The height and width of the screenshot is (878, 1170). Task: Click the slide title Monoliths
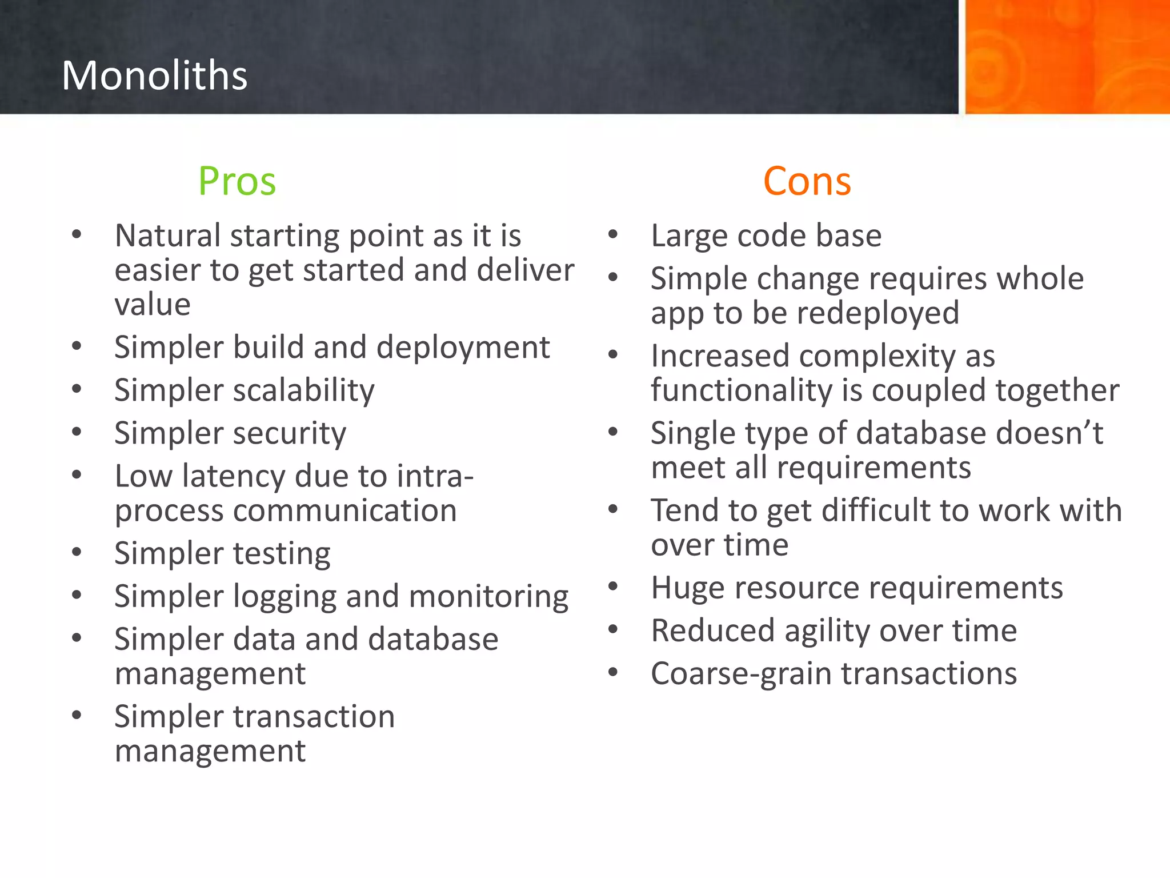pyautogui.click(x=154, y=75)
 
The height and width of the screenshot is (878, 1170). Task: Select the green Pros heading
pyautogui.click(x=237, y=181)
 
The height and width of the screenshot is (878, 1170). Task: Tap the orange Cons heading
pyautogui.click(x=807, y=181)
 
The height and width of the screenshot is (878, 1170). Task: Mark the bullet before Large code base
pyautogui.click(x=613, y=234)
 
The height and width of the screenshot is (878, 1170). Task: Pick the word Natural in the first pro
pyautogui.click(x=167, y=236)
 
